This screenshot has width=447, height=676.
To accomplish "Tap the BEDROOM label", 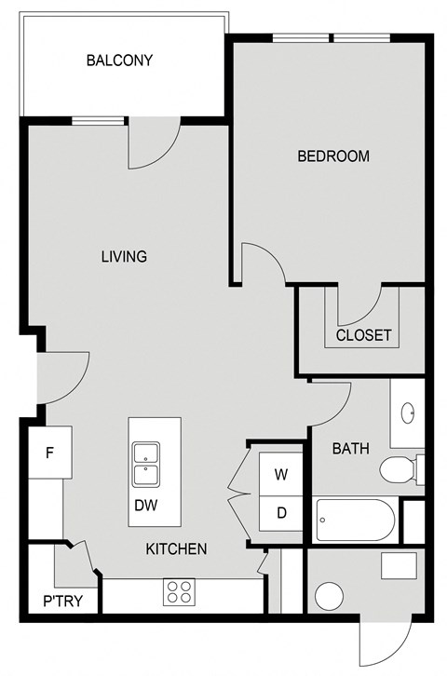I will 333,155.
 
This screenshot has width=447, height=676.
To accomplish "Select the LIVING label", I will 124,256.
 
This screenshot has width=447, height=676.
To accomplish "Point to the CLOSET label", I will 363,335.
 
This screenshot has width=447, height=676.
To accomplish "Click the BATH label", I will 351,449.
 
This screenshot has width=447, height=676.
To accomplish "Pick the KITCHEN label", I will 176,549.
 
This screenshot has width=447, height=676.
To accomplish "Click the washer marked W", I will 280,474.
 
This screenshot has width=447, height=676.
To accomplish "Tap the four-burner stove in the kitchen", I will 179,590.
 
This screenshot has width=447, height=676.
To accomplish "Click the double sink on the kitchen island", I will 144,465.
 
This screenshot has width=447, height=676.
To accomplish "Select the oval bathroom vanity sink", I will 408,412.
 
